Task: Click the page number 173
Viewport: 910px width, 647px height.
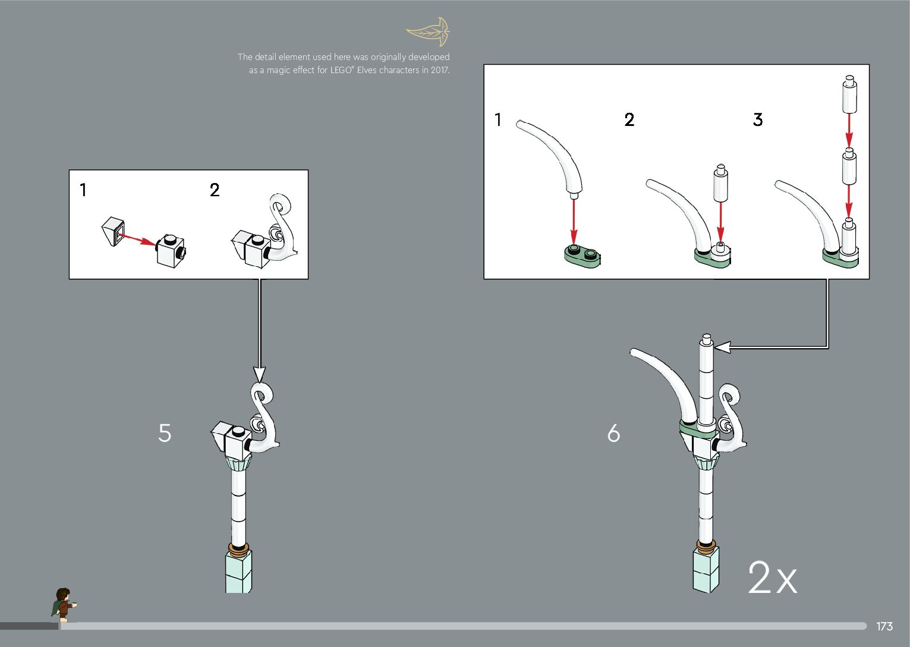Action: pyautogui.click(x=884, y=626)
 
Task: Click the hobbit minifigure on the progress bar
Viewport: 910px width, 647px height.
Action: pyautogui.click(x=63, y=605)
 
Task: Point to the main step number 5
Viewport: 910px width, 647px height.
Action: pyautogui.click(x=165, y=433)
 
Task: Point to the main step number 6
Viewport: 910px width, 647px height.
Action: pyautogui.click(x=613, y=433)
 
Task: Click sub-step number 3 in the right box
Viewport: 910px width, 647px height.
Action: pyautogui.click(x=758, y=119)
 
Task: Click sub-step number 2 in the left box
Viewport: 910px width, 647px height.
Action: pyautogui.click(x=215, y=190)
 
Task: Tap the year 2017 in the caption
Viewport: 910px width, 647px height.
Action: pyautogui.click(x=440, y=70)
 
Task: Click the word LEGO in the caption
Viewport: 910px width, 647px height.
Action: pyautogui.click(x=341, y=70)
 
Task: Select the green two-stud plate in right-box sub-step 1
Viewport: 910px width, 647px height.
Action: pyautogui.click(x=582, y=256)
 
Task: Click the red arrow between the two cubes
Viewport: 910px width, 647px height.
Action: pyautogui.click(x=137, y=239)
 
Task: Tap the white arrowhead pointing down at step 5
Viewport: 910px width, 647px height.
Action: pyautogui.click(x=259, y=374)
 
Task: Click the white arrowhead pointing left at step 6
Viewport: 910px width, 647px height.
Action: pyautogui.click(x=722, y=347)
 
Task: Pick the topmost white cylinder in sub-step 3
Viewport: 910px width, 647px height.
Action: pyautogui.click(x=849, y=94)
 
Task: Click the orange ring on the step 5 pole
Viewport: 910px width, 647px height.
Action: pyautogui.click(x=238, y=548)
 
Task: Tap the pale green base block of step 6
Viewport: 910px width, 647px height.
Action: pyautogui.click(x=706, y=570)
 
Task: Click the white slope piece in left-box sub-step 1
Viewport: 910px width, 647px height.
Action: pyautogui.click(x=113, y=232)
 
